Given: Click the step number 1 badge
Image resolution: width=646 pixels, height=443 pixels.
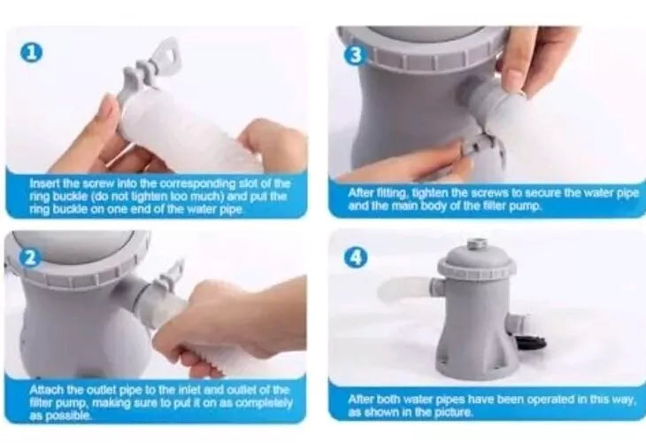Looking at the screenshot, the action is [x=32, y=53].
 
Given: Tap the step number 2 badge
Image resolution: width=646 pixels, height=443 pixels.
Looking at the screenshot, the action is [x=30, y=258].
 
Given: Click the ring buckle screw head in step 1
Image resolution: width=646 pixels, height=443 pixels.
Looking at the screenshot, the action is [x=169, y=51].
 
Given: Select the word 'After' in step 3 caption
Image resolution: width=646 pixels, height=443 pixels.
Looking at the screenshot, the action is [x=358, y=192].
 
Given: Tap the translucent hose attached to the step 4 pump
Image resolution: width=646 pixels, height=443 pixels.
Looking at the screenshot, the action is [x=405, y=290].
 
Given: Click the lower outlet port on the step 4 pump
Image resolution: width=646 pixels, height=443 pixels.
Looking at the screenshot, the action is [x=518, y=323].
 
